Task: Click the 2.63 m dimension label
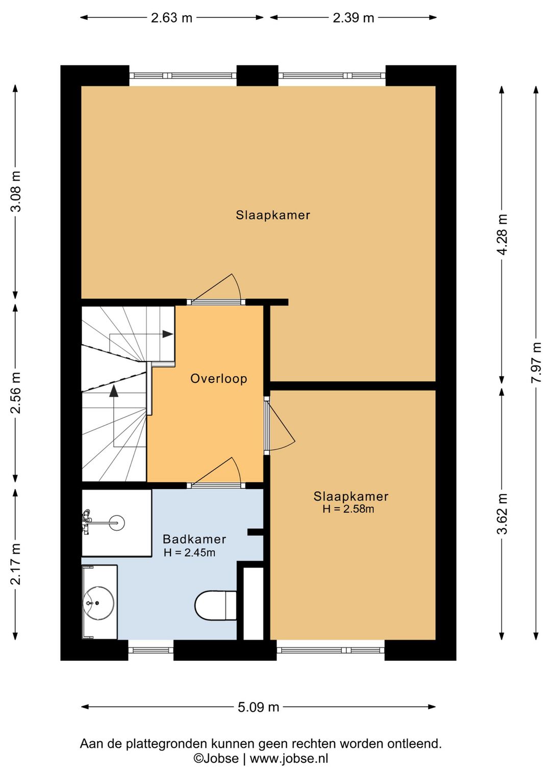click(171, 18)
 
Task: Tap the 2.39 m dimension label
click(353, 18)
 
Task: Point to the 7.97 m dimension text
click(536, 362)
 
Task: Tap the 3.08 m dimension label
click(16, 191)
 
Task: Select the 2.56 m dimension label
click(16, 393)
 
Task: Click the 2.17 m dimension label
click(16, 564)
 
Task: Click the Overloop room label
click(219, 379)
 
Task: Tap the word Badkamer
click(194, 539)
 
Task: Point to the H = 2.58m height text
click(348, 509)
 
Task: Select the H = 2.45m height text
click(189, 553)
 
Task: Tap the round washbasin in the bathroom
click(98, 603)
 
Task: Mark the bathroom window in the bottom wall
click(151, 651)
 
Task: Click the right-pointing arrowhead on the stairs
click(168, 334)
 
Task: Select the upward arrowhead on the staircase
click(114, 391)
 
